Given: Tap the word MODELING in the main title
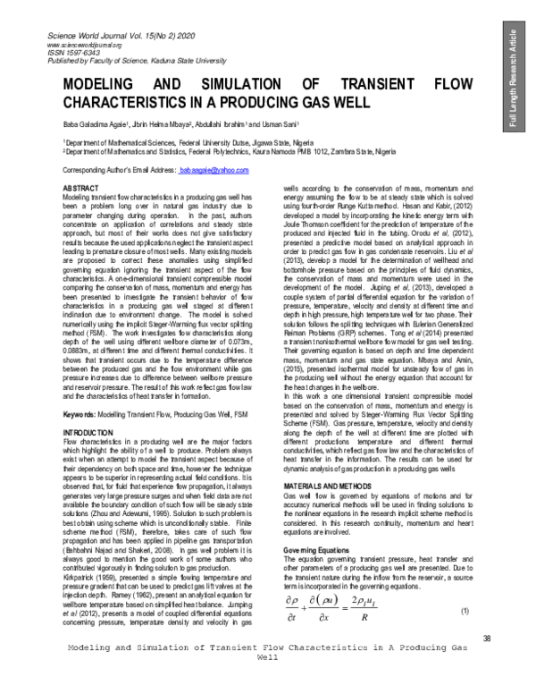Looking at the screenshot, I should point(101,83).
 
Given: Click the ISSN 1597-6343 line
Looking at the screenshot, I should point(68,51).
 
